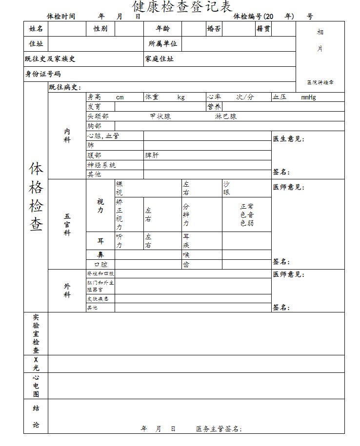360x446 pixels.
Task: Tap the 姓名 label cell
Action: (x=36, y=29)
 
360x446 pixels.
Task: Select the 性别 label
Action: (x=100, y=29)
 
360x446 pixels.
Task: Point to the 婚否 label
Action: (x=214, y=29)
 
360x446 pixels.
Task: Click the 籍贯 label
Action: (x=263, y=29)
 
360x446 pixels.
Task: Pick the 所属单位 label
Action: (x=163, y=43)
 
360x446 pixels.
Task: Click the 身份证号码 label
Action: (x=43, y=74)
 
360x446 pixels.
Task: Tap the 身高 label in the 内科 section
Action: (x=94, y=97)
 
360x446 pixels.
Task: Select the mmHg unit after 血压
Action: (x=308, y=97)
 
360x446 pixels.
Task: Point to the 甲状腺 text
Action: (x=160, y=116)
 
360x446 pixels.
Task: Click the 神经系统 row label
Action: (x=101, y=165)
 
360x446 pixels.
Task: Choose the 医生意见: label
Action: (x=289, y=139)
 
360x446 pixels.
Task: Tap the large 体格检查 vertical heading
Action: (x=36, y=197)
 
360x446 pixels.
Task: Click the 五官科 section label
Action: (x=67, y=225)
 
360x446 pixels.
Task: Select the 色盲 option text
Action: (x=247, y=215)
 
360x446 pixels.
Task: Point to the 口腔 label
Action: (x=100, y=264)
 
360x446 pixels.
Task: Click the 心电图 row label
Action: (x=36, y=386)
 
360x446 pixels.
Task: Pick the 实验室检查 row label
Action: (x=36, y=334)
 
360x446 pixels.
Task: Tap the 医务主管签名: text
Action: (x=219, y=428)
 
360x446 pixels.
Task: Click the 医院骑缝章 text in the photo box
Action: (x=320, y=82)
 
